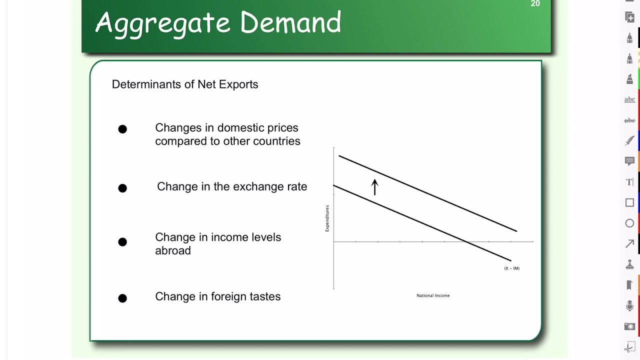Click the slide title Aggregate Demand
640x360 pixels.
218,23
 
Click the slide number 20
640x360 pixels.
535,4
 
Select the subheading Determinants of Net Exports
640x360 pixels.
185,84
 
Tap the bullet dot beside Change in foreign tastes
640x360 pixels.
122,298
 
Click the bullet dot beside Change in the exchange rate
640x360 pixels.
122,188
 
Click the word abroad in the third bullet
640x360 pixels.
173,250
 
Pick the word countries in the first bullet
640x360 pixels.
276,141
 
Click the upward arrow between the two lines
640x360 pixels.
374,187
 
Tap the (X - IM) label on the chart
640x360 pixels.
511,268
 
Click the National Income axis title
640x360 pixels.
433,295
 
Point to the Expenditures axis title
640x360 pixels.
327,218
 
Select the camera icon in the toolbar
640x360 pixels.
629,326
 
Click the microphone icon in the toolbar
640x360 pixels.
629,305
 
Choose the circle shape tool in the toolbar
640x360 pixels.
629,223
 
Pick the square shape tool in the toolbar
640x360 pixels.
629,202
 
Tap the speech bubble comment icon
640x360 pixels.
629,161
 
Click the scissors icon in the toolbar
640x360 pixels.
629,347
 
